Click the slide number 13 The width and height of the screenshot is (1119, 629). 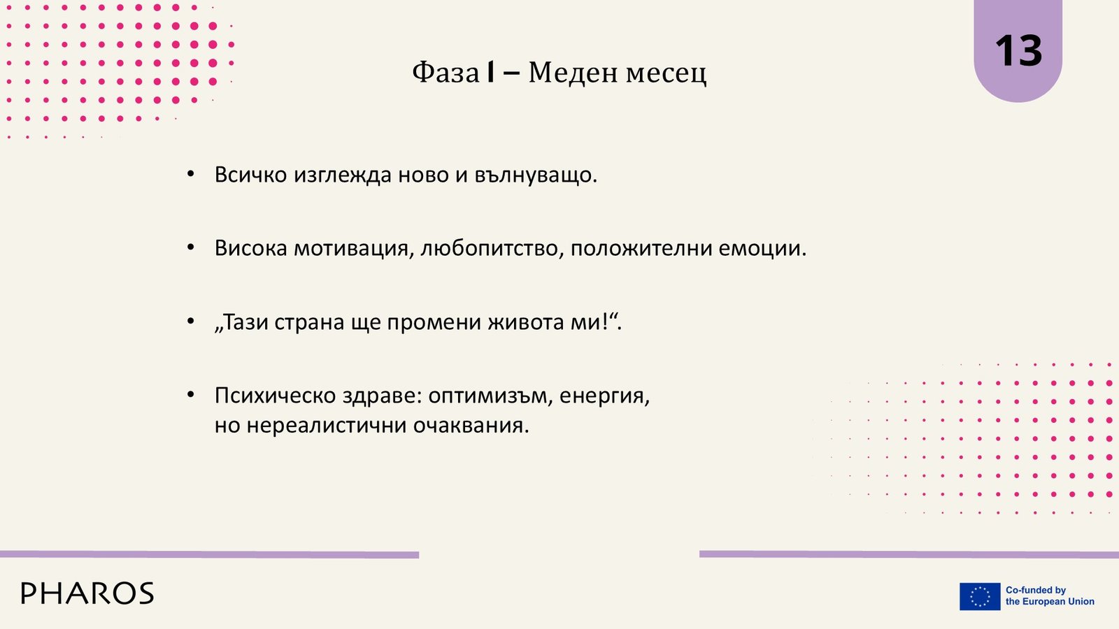(1018, 51)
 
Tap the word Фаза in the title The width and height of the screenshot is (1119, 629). (446, 73)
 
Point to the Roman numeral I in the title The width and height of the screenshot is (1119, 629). (491, 73)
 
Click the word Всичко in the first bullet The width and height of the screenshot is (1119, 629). (251, 175)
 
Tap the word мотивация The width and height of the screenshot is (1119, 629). (351, 249)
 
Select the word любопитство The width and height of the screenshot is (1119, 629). (489, 249)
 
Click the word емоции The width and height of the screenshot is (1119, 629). (762, 249)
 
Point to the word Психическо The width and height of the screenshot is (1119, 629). (276, 396)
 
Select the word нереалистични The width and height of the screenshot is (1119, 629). (327, 426)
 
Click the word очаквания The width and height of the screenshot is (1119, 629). (471, 426)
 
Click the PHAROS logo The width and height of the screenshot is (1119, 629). (87, 593)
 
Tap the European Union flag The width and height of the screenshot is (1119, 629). (980, 597)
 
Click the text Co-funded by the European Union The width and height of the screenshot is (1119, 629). (1050, 596)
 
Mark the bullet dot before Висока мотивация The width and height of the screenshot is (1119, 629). (190, 248)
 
